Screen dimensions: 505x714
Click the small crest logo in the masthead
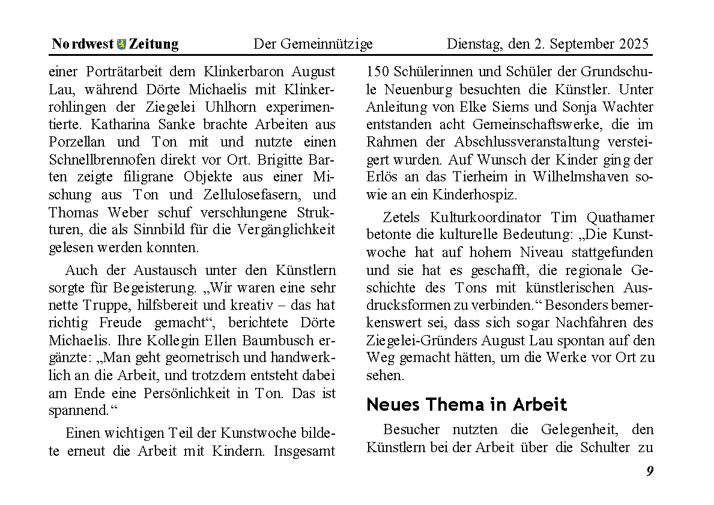[122, 44]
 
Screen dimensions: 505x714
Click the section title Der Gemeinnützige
[313, 44]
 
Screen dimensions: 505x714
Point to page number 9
[650, 471]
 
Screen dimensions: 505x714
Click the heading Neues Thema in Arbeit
[467, 404]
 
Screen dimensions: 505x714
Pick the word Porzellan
[78, 142]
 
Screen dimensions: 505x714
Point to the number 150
[378, 72]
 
